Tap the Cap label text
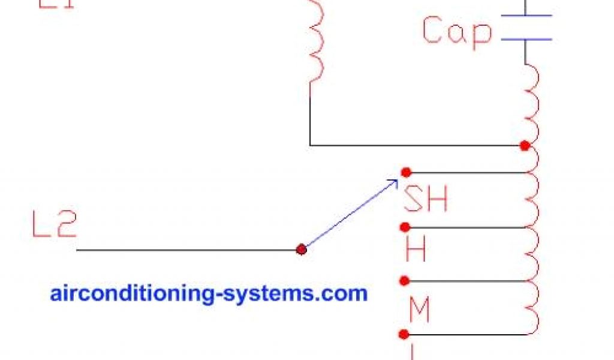(457, 31)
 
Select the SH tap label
(426, 199)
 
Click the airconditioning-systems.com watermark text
(209, 293)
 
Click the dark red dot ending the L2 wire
(301, 250)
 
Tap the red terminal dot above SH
(406, 172)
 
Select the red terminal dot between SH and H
(405, 227)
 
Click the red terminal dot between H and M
(405, 280)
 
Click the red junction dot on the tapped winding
(525, 145)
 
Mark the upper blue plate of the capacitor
(526, 16)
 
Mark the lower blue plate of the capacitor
(526, 40)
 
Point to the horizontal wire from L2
(186, 250)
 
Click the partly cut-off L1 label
(56, 5)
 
